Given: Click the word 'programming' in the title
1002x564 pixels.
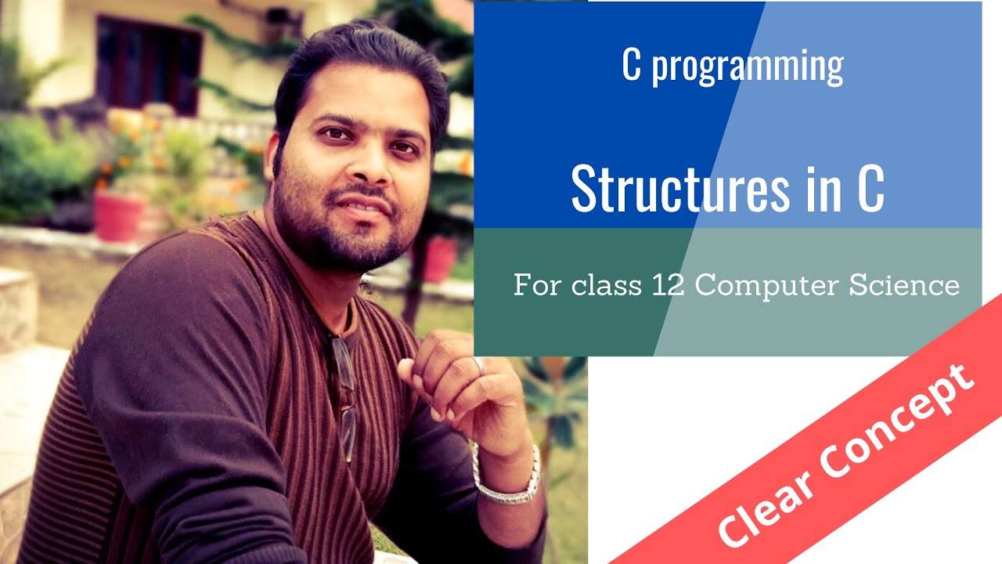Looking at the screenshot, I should tap(747, 67).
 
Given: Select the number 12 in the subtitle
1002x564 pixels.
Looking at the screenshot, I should tap(668, 285).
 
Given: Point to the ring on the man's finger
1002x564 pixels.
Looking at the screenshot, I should tap(478, 365).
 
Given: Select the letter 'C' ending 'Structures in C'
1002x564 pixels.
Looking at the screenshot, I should tap(870, 189).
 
